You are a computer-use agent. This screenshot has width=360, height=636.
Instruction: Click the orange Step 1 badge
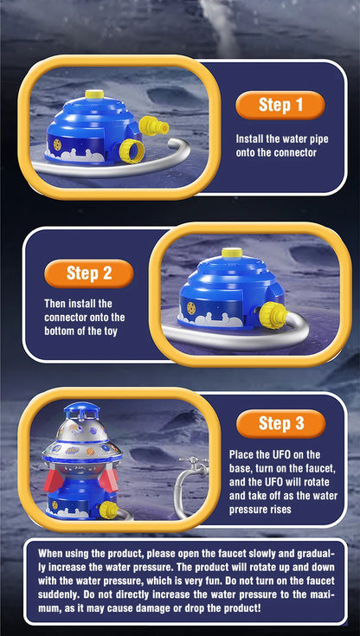pos(280,105)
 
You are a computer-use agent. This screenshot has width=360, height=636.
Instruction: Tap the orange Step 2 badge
pos(89,273)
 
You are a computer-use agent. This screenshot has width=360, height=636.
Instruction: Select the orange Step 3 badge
pos(281,423)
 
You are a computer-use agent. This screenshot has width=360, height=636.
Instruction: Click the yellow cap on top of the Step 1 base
pos(94,94)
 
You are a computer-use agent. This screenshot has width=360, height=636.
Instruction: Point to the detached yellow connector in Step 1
pos(153,125)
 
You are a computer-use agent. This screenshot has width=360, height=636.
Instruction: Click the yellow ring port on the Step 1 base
pos(132,151)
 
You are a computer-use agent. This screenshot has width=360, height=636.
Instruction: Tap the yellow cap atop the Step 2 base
pos(232,253)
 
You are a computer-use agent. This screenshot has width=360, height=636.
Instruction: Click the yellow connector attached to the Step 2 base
pos(273,315)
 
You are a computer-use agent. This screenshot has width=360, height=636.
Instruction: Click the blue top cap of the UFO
pos(80,410)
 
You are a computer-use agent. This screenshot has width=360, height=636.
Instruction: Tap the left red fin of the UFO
pos(54,480)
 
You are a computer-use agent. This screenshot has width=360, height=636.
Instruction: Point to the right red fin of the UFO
pos(108,479)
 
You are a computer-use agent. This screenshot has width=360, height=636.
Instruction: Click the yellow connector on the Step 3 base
pos(109,510)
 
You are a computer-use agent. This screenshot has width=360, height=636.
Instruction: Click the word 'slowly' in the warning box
pos(275,553)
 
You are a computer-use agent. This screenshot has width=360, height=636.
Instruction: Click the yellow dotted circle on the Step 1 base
pos(58,145)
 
